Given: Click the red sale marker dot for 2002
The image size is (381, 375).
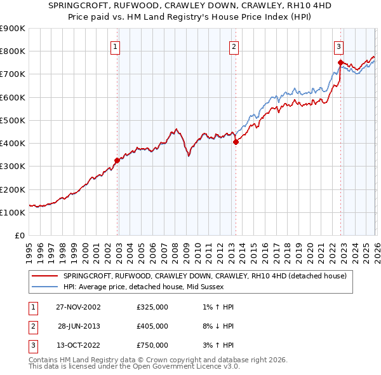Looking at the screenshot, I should pos(117,161).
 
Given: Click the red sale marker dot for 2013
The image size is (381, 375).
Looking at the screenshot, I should pos(236,142).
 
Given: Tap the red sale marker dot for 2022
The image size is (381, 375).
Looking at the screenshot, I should pos(340,62).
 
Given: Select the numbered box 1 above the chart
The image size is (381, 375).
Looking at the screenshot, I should pos(116,46).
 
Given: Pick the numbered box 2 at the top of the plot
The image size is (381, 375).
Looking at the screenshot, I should pos(234,46).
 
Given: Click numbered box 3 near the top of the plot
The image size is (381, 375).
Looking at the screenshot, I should pos(338,46).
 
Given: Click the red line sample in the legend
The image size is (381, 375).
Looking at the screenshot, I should pos(44,276).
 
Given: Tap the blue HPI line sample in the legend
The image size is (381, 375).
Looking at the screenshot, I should pos(44,287).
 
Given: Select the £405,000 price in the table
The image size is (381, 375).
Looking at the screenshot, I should pos(152,326).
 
